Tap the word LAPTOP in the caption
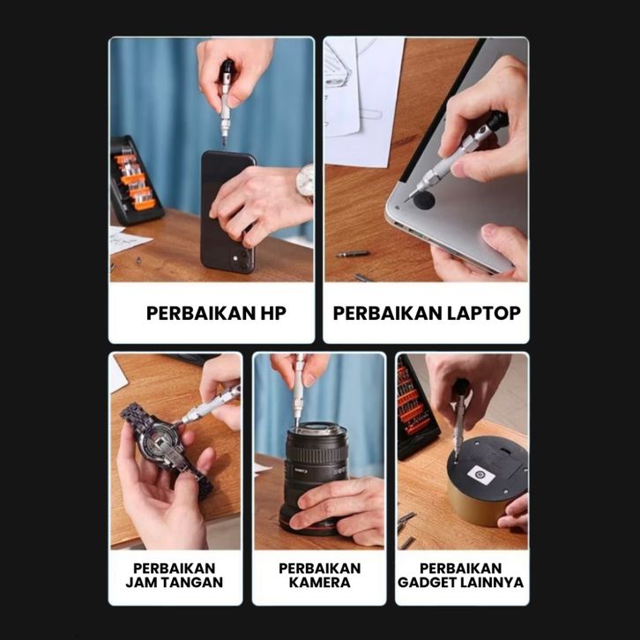[484, 313]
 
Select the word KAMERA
[320, 582]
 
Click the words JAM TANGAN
[175, 582]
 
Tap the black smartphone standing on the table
[227, 211]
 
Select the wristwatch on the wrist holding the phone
[305, 182]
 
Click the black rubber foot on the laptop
[424, 200]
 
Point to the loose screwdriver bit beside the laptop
[353, 254]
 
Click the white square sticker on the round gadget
[481, 475]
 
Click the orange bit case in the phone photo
[135, 182]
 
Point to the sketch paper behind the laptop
[361, 100]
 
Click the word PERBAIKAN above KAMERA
[320, 569]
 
